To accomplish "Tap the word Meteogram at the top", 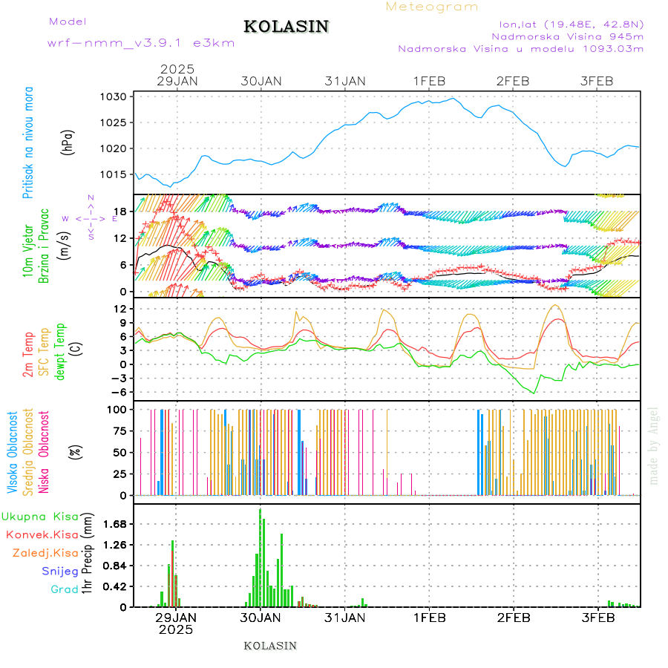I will pos(432,7).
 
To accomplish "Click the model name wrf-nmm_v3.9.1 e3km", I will pos(141,43).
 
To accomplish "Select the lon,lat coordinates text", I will pos(571,23).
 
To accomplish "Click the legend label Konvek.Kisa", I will pos(42,534).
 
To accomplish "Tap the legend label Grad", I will pos(65,589).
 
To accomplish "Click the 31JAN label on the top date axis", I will pos(345,81).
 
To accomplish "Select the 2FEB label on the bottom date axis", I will pos(514,618).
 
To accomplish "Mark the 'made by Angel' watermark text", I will pos(654,445).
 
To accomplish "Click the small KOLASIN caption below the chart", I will pos(270,646).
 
